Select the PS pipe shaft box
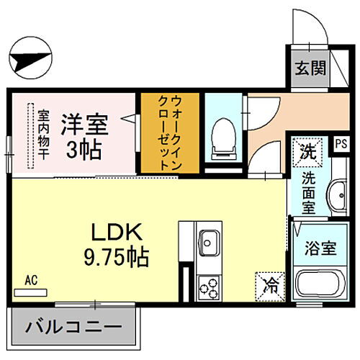point(340,143)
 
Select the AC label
point(31,279)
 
